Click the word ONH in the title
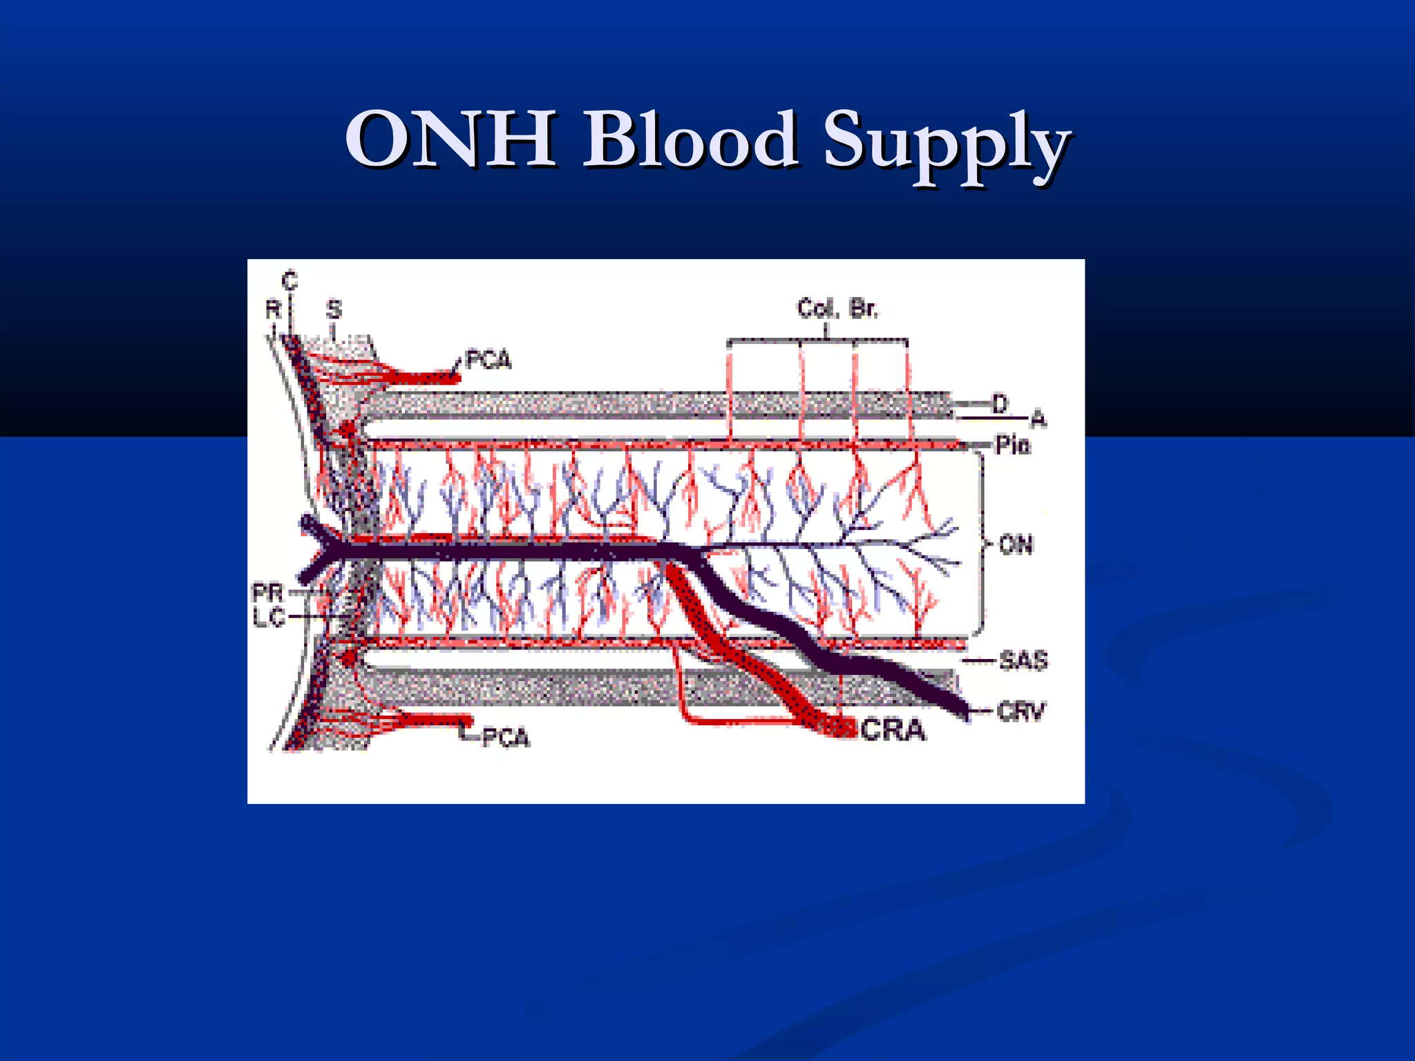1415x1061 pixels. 451,140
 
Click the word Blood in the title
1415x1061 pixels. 690,140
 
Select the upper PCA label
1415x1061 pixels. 488,360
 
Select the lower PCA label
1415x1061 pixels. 506,738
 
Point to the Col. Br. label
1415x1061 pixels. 837,308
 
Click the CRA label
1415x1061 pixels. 893,730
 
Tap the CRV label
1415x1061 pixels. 1021,711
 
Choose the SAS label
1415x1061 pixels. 1023,661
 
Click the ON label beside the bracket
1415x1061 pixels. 1016,545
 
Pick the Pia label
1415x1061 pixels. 1013,446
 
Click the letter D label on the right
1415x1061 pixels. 1000,403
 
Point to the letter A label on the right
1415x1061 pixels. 1038,419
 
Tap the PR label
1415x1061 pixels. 268,593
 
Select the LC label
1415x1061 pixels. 269,616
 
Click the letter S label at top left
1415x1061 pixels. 334,309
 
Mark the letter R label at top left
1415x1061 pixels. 274,309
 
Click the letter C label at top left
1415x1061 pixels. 289,281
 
